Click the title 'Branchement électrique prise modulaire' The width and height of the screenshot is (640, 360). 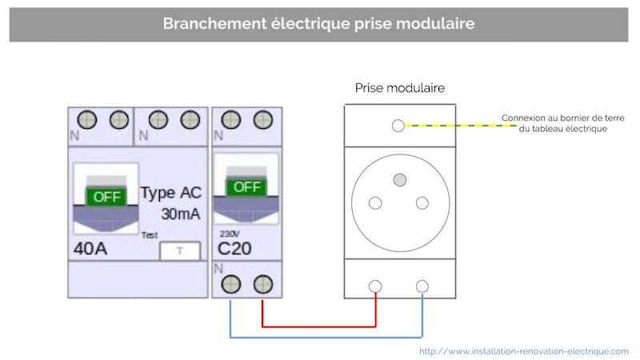[x=319, y=23]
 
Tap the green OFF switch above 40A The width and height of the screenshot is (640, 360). [x=105, y=196]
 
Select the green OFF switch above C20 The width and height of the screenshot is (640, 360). [x=246, y=188]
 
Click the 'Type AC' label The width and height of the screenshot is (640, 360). [x=171, y=193]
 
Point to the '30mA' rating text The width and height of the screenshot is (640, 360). [x=182, y=214]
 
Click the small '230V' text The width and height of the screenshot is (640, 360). [x=227, y=234]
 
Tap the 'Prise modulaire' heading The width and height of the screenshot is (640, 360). [x=399, y=87]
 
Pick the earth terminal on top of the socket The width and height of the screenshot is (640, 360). [x=398, y=126]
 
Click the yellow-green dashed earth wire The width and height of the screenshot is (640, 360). [x=456, y=126]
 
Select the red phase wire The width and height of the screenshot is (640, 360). [x=320, y=326]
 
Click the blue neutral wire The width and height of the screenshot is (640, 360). [x=320, y=337]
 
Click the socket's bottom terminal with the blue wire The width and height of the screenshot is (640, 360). [x=422, y=285]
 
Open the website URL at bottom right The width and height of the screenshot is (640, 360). [x=524, y=350]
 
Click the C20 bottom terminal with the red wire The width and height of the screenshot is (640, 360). [x=262, y=284]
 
